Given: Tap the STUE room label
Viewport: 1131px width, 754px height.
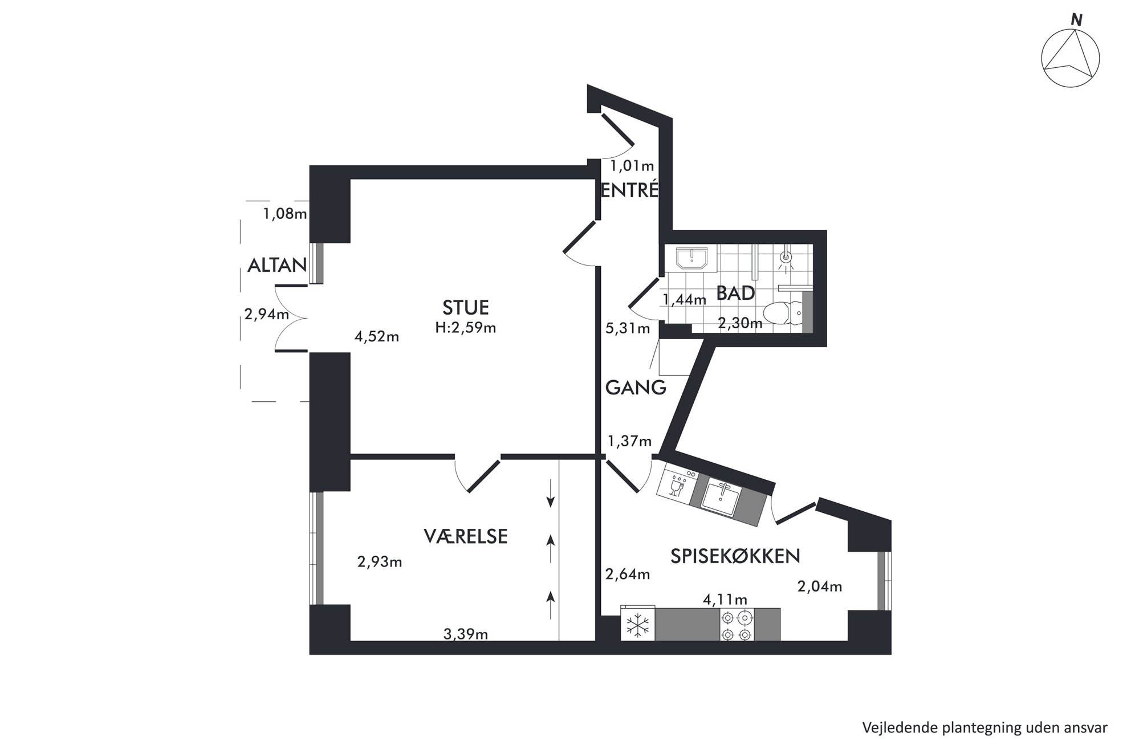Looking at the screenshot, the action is point(466,308).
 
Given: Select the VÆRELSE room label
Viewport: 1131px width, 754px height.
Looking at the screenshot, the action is point(466,536).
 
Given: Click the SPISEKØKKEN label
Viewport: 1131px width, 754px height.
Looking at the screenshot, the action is point(735,556).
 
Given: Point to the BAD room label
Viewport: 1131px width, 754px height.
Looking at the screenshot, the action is point(735,293).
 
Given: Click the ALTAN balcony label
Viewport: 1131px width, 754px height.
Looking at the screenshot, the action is point(277,265).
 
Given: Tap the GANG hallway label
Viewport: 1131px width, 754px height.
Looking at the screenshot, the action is point(636,388).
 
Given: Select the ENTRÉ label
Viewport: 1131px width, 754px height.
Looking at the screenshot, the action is point(630,190).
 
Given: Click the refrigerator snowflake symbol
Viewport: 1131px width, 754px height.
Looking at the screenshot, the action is point(638,625).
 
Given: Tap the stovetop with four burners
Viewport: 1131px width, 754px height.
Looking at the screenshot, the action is point(737,625).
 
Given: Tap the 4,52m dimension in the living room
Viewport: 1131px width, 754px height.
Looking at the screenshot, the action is point(377,337).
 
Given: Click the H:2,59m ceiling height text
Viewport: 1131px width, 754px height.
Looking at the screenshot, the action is point(466,328).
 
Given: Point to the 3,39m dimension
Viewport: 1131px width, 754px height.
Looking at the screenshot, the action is point(466,634).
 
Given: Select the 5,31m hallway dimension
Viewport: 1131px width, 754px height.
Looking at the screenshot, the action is point(628,328).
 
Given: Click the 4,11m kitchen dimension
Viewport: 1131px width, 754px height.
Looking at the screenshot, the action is point(725,600).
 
